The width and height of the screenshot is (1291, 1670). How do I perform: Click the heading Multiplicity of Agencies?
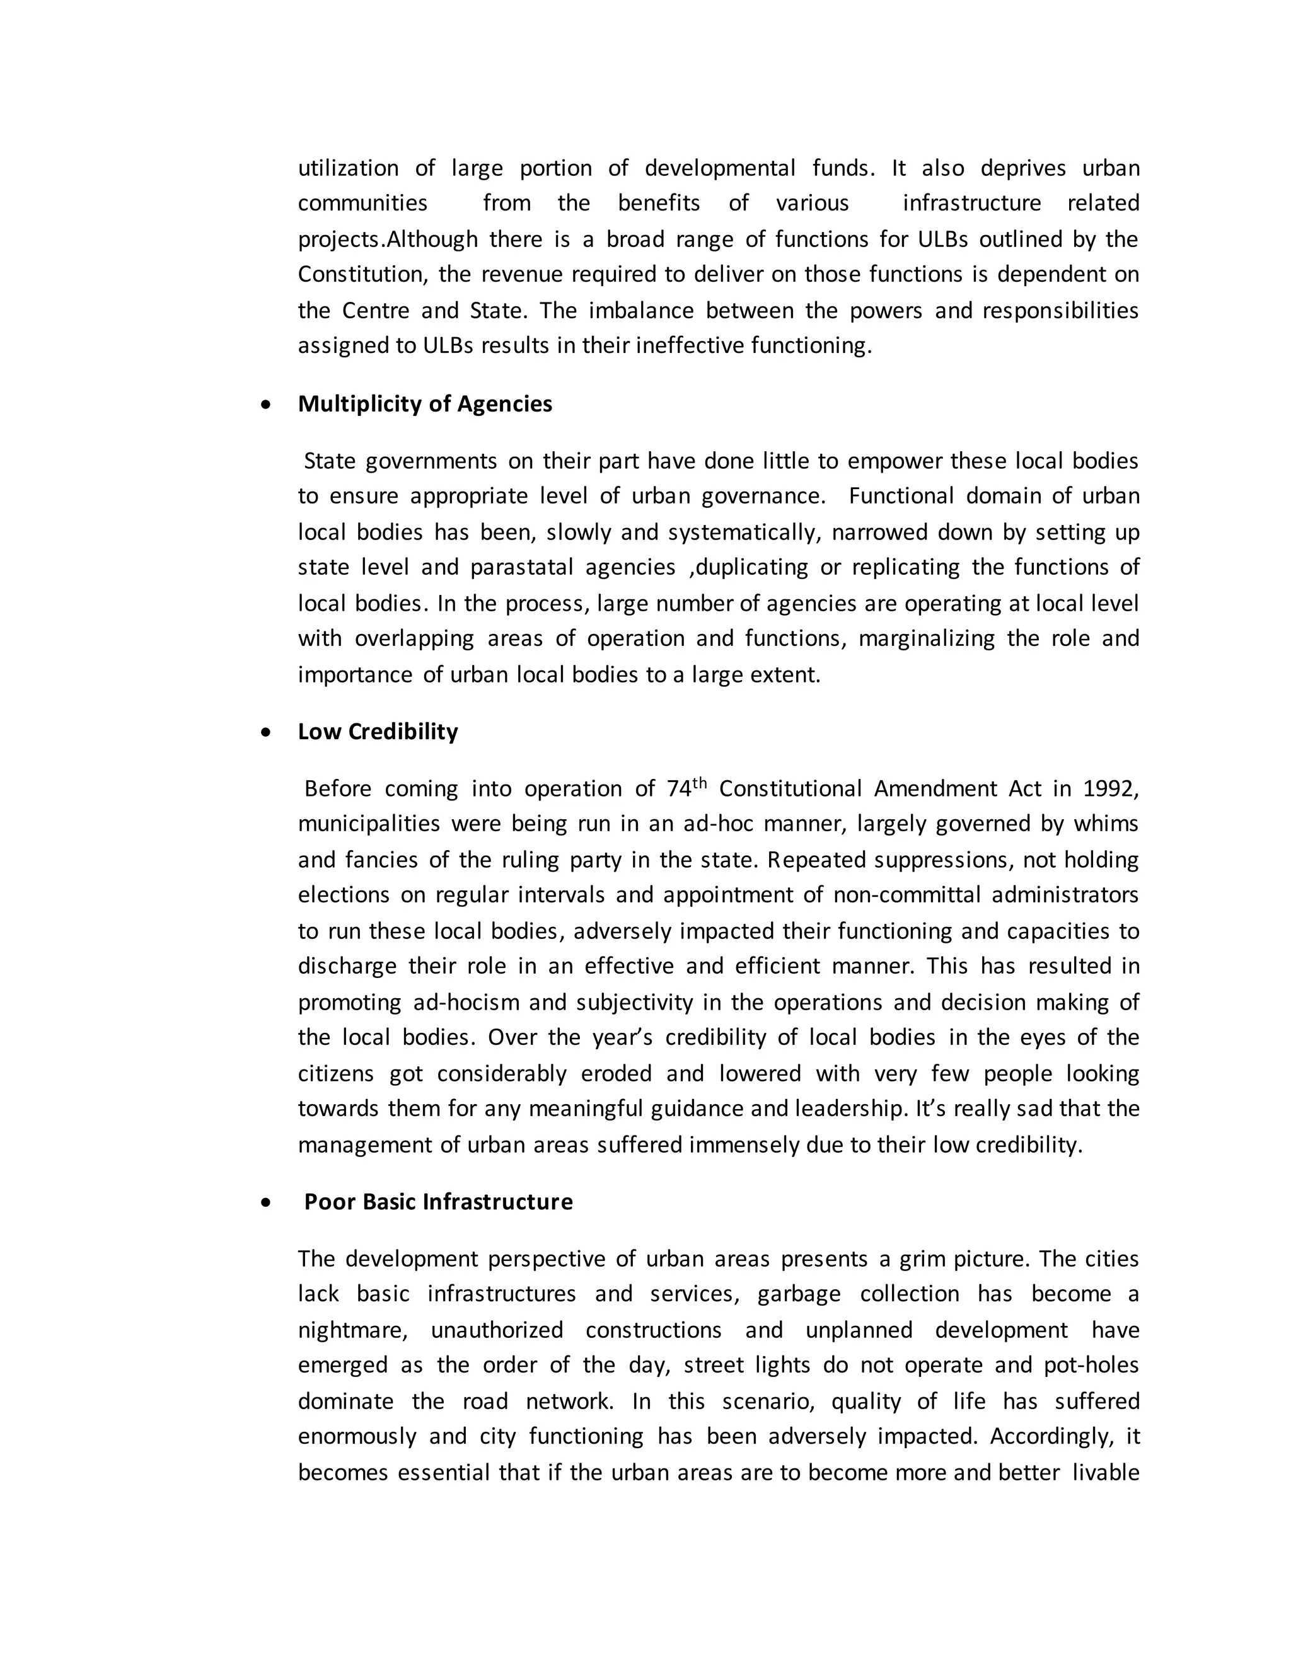pyautogui.click(x=424, y=404)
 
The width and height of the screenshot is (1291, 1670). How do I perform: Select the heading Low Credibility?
pyautogui.click(x=378, y=732)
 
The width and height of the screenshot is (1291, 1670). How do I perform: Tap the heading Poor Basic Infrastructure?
pyautogui.click(x=438, y=1202)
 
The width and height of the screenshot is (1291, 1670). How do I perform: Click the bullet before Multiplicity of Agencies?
pyautogui.click(x=265, y=405)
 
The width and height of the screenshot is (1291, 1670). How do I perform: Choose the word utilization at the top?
pyautogui.click(x=348, y=168)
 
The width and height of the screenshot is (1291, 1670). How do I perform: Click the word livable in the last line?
pyautogui.click(x=1105, y=1472)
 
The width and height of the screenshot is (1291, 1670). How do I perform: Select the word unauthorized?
pyautogui.click(x=497, y=1330)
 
